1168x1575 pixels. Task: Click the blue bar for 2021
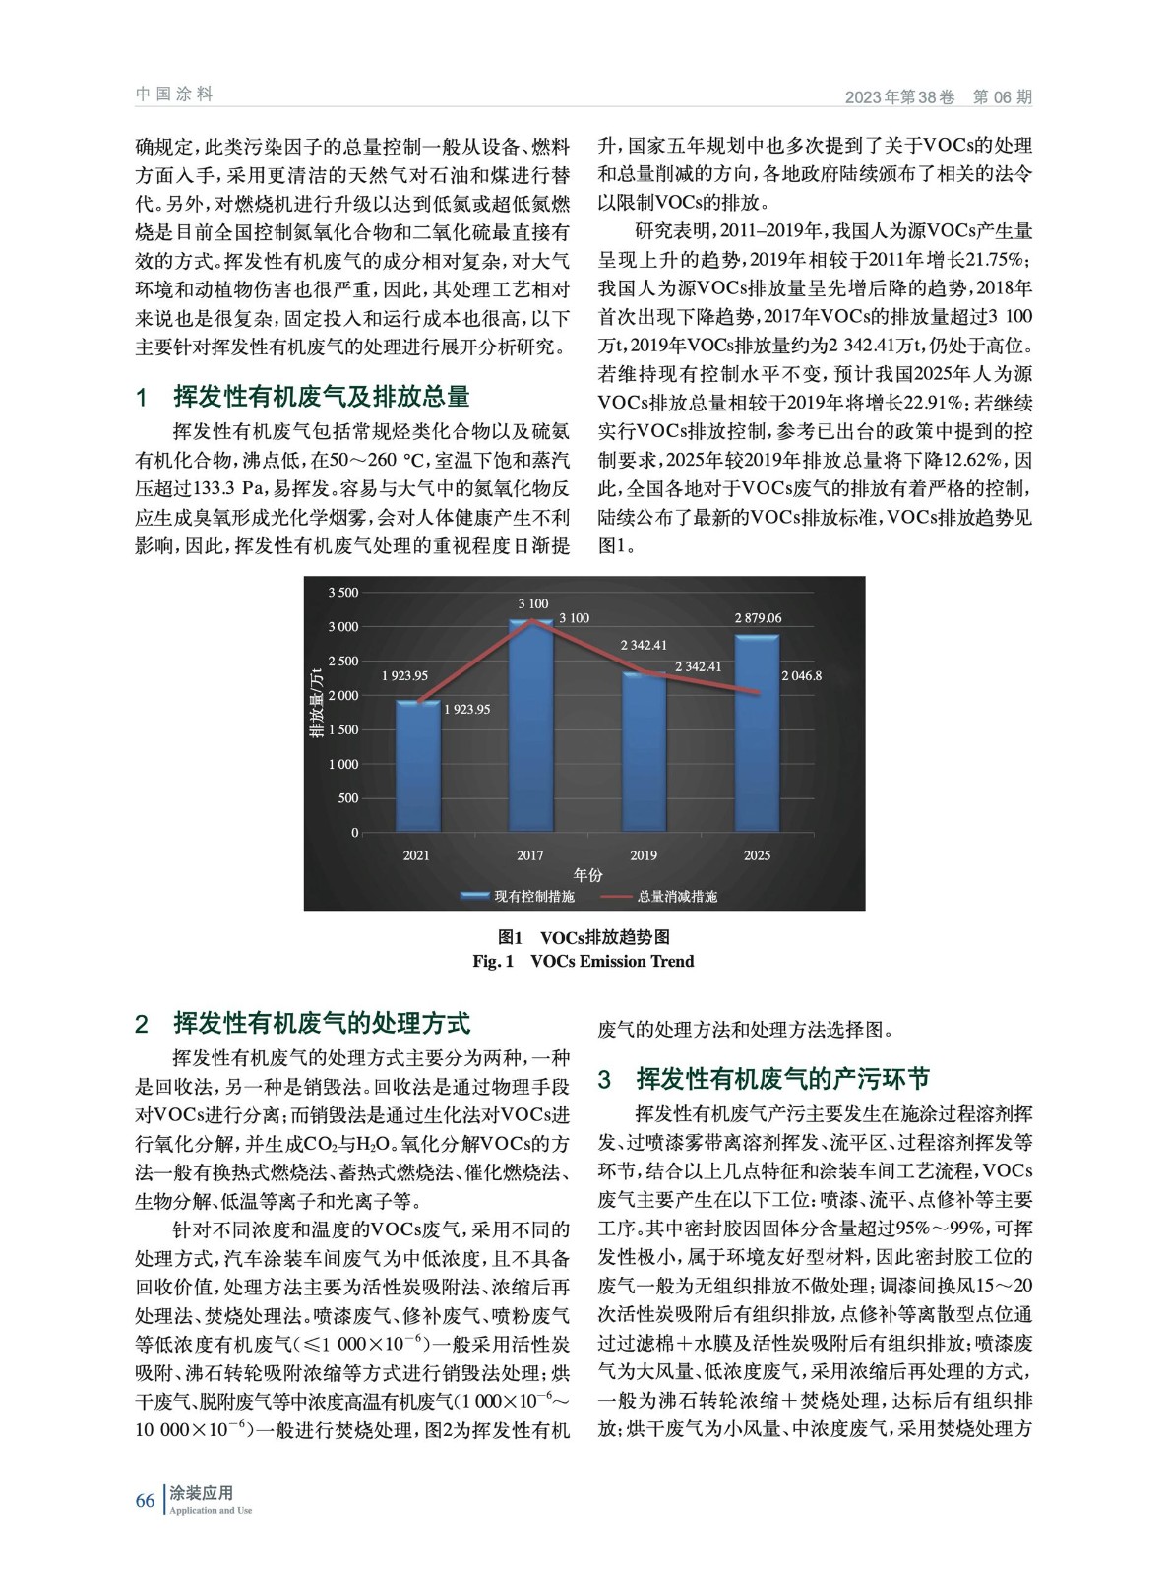point(416,767)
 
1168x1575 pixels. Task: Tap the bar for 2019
point(644,753)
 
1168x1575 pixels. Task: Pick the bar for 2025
point(757,734)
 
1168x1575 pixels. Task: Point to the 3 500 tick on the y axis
point(343,593)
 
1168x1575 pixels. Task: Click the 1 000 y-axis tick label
point(343,765)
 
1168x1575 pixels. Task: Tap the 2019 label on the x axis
point(644,855)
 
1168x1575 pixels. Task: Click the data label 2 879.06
point(758,618)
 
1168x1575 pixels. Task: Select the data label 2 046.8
point(801,676)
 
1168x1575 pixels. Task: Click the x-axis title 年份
point(587,875)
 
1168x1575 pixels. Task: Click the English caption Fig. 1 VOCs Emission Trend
point(583,962)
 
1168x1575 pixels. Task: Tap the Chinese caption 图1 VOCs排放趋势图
point(583,937)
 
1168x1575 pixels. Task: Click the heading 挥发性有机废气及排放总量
point(321,398)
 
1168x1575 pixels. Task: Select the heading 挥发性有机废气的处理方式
point(321,1024)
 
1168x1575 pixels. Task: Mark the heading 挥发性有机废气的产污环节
point(782,1080)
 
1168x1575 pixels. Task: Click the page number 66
point(145,1500)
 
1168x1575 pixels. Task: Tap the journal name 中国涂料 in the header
point(174,94)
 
